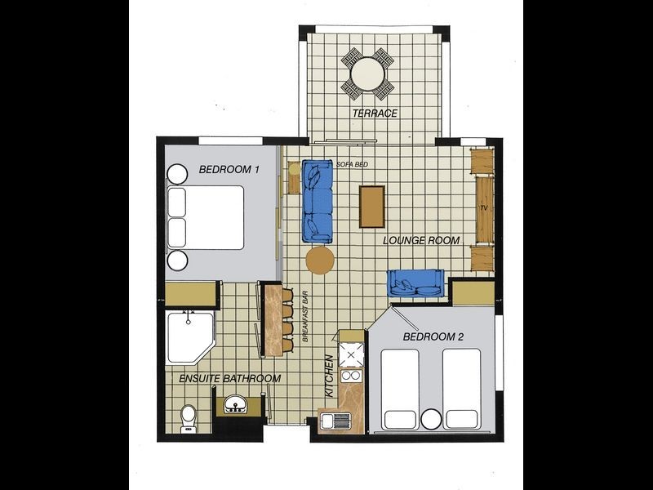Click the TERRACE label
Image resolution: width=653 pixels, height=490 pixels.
click(x=375, y=114)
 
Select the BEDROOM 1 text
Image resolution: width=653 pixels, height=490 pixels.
click(x=229, y=170)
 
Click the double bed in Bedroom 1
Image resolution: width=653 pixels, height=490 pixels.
click(x=206, y=217)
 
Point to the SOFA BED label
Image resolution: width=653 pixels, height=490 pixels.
click(x=352, y=165)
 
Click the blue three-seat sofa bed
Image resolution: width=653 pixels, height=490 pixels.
click(x=318, y=202)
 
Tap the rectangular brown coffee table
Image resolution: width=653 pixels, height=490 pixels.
click(x=372, y=207)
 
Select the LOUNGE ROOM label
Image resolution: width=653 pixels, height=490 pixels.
click(x=421, y=240)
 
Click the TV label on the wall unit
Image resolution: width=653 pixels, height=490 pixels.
click(x=483, y=208)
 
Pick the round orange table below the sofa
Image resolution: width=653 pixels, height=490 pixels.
click(x=320, y=260)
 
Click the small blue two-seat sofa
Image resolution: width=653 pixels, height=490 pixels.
click(x=416, y=283)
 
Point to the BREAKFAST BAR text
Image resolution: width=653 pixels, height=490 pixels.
click(x=305, y=316)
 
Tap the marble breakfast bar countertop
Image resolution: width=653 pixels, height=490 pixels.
click(x=273, y=320)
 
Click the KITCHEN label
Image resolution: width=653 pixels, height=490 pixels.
click(x=329, y=376)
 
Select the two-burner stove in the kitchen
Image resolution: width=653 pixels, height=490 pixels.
click(x=351, y=376)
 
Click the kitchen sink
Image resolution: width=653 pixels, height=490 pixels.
click(x=335, y=421)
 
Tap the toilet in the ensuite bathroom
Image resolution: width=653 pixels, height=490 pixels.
click(x=189, y=419)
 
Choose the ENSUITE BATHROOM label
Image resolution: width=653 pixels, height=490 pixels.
click(x=230, y=379)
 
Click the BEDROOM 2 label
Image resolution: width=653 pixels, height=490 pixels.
click(x=433, y=336)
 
